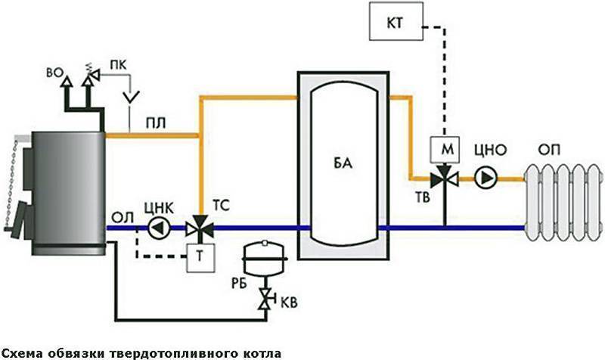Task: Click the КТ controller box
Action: pyautogui.click(x=396, y=21)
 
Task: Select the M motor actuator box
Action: pyautogui.click(x=445, y=149)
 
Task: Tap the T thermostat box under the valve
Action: pyautogui.click(x=200, y=258)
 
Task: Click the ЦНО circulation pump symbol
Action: pyautogui.click(x=486, y=178)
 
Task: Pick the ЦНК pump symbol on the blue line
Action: pyautogui.click(x=159, y=228)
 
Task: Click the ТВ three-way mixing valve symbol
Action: pyautogui.click(x=445, y=177)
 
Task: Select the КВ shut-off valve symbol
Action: pyautogui.click(x=265, y=299)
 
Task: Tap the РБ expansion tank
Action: pyautogui.click(x=265, y=259)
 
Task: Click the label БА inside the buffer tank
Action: pyautogui.click(x=343, y=163)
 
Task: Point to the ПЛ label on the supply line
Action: pyautogui.click(x=156, y=124)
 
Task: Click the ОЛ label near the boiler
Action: pyautogui.click(x=123, y=218)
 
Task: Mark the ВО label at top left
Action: pyautogui.click(x=54, y=73)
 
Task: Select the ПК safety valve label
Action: pyautogui.click(x=118, y=65)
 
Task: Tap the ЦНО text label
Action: pyautogui.click(x=490, y=150)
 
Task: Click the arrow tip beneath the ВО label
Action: pyautogui.click(x=67, y=76)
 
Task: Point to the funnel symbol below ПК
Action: pyautogui.click(x=131, y=98)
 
